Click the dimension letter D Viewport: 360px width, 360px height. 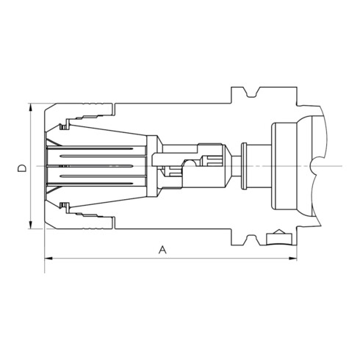[22, 168]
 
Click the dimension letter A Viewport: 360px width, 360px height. [162, 250]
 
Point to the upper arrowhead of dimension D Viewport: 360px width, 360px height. [31, 107]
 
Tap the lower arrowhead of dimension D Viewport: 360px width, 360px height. [31, 225]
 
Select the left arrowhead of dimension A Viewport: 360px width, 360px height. [48, 258]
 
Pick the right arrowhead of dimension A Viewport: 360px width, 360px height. [292, 258]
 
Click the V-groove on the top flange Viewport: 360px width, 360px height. [251, 92]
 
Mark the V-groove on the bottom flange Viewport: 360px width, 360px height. [251, 240]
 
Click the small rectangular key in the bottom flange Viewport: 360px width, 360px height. [279, 240]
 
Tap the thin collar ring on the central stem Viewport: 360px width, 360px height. [244, 166]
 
